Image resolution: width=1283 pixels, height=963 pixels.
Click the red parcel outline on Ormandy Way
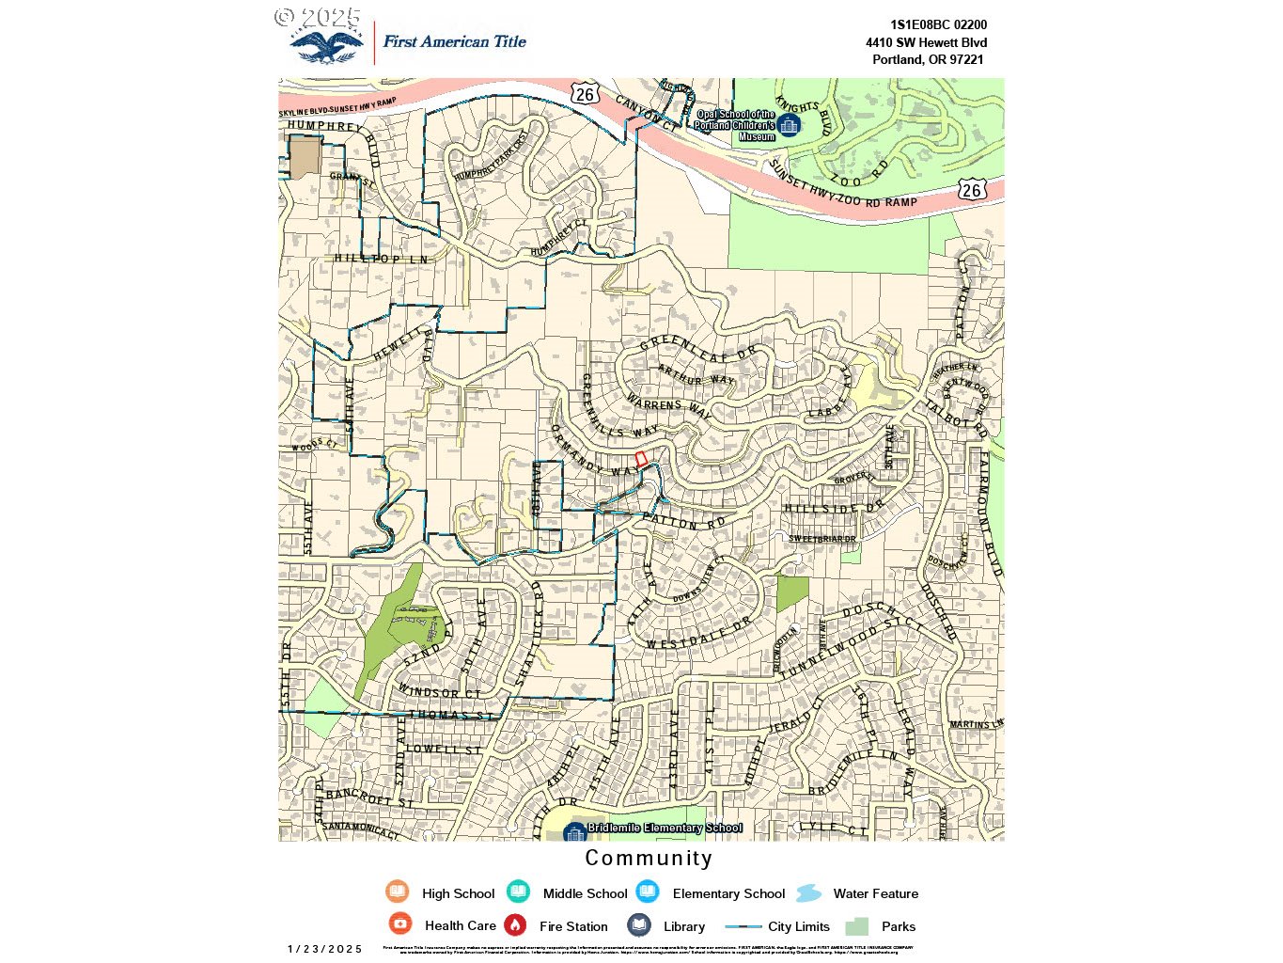pos(641,459)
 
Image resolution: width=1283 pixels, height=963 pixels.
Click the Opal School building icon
pos(789,124)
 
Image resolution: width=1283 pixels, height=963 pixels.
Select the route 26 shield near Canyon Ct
pos(585,94)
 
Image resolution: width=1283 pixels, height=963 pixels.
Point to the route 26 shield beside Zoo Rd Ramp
pos(971,190)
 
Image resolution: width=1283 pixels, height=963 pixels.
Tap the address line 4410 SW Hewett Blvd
pos(926,42)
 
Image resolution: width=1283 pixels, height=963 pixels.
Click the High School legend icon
pos(398,892)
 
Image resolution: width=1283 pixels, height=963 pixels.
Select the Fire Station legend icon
pos(515,925)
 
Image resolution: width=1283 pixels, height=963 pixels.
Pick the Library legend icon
pos(639,925)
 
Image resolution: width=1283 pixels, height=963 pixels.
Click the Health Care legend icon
pos(400,924)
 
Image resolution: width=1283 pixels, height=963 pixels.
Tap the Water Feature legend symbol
pos(809,893)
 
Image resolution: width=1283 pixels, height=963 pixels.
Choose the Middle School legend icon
pos(518,892)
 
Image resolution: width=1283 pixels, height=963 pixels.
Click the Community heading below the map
pos(649,858)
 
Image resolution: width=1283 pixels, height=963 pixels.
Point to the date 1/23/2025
pos(325,949)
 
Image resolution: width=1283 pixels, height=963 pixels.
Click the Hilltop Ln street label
pos(381,259)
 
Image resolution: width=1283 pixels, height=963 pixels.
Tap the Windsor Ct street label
pos(439,692)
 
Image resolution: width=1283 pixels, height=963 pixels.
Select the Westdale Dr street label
pos(698,632)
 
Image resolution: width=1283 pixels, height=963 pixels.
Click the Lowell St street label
pos(444,750)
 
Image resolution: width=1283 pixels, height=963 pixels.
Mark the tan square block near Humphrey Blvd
pos(305,158)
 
